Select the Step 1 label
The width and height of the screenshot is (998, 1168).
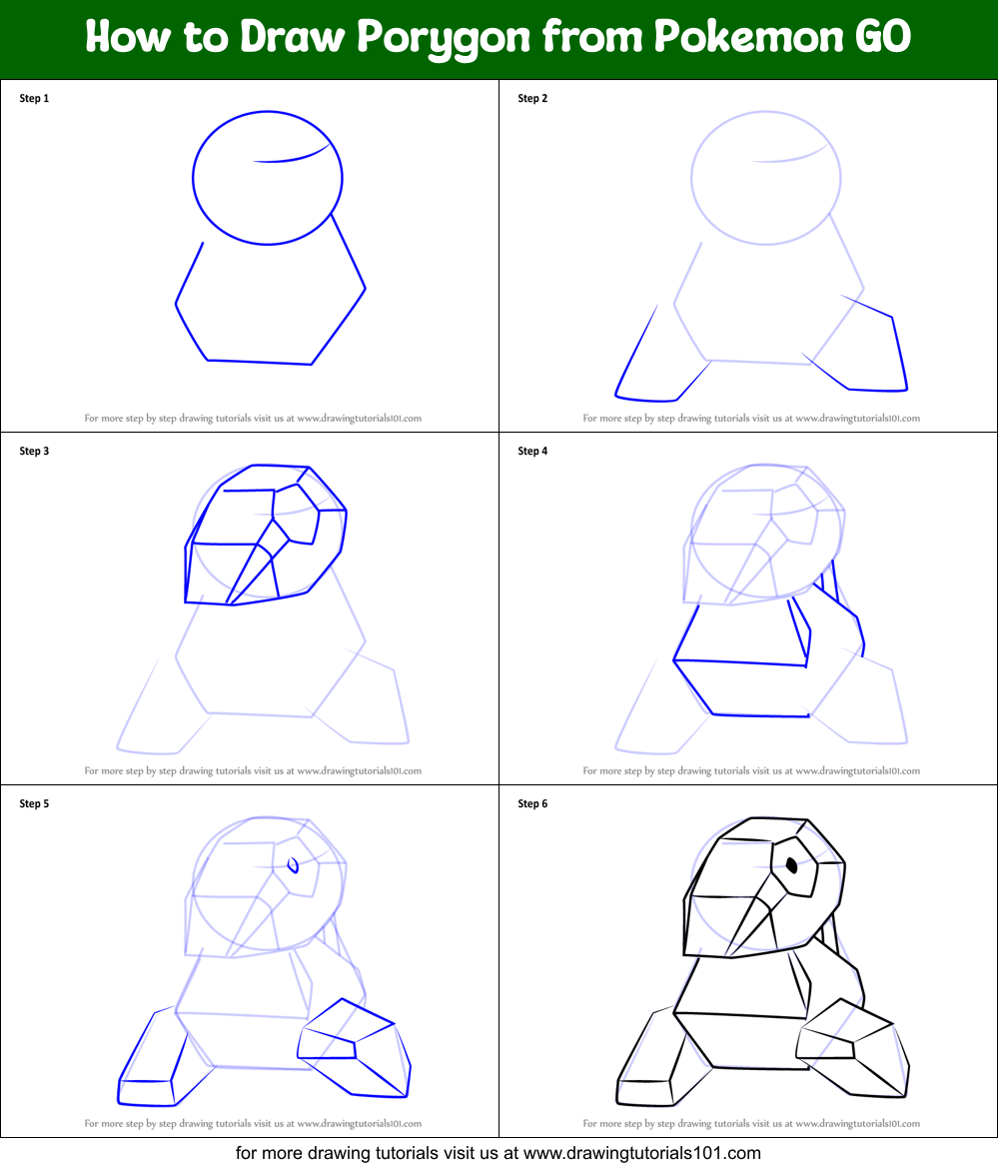34,98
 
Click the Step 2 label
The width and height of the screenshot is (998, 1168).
532,98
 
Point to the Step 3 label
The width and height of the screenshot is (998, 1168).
34,451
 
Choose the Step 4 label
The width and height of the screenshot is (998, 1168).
532,451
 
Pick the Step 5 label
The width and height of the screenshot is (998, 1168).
34,803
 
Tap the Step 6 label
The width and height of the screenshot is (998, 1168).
532,803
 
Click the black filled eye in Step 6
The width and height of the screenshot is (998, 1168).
792,865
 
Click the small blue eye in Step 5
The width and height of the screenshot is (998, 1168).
294,865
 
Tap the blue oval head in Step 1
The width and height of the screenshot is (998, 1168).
267,177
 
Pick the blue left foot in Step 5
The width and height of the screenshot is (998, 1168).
152,1064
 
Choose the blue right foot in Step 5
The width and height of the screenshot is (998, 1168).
355,1044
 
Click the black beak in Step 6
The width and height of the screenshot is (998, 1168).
749,919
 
